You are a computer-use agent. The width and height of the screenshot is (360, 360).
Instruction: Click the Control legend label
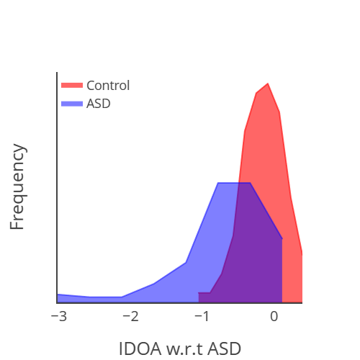[108, 86]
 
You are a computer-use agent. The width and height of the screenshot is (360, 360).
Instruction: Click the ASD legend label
[99, 104]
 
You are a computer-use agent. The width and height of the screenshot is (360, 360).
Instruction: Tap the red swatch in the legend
[73, 86]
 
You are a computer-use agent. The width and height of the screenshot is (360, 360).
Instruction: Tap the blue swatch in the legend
[73, 104]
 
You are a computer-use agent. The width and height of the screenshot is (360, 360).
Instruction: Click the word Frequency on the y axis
[18, 186]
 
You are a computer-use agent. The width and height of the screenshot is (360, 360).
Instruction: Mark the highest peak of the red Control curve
[267, 84]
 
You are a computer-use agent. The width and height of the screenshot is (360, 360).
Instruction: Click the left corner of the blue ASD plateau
[218, 184]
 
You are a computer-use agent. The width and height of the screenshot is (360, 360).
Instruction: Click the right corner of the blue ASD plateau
[250, 184]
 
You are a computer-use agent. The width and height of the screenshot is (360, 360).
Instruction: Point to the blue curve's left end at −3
[58, 294]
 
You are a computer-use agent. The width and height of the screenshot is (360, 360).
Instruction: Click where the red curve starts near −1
[199, 293]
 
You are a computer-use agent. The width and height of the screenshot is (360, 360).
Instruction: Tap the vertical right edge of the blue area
[282, 270]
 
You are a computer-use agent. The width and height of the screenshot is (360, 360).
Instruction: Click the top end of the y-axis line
[57, 73]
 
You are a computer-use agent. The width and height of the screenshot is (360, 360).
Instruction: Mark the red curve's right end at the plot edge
[302, 253]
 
